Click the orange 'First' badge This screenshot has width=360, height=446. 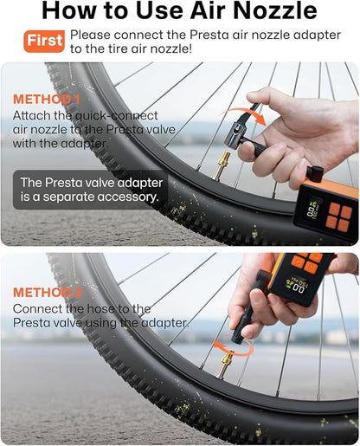point(44,41)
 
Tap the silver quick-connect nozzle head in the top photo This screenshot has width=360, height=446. point(257,111)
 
